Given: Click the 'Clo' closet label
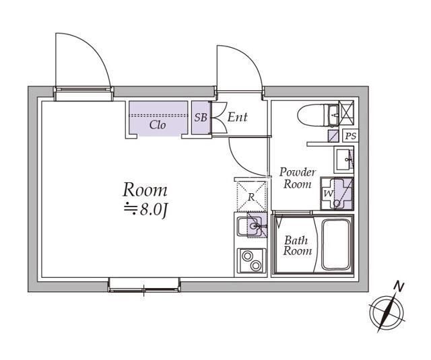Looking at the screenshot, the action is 158,125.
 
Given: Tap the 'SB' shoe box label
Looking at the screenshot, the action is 201,118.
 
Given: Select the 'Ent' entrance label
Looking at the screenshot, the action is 238,117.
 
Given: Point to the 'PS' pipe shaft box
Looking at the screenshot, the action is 351,136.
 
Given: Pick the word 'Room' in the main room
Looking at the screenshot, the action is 145,190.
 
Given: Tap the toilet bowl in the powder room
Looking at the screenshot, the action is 312,116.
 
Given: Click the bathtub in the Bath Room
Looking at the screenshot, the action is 337,244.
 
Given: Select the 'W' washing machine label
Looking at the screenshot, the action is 328,193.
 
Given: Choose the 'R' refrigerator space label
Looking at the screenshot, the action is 251,197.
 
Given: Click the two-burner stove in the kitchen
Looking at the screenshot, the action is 251,261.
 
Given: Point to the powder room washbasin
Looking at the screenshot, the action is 343,159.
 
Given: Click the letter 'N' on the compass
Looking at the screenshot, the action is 399,287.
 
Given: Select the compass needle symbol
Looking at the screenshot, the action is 387,313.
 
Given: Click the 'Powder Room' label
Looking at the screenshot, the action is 298,178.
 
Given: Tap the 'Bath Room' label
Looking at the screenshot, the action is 298,246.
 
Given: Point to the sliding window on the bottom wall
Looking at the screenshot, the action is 144,285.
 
